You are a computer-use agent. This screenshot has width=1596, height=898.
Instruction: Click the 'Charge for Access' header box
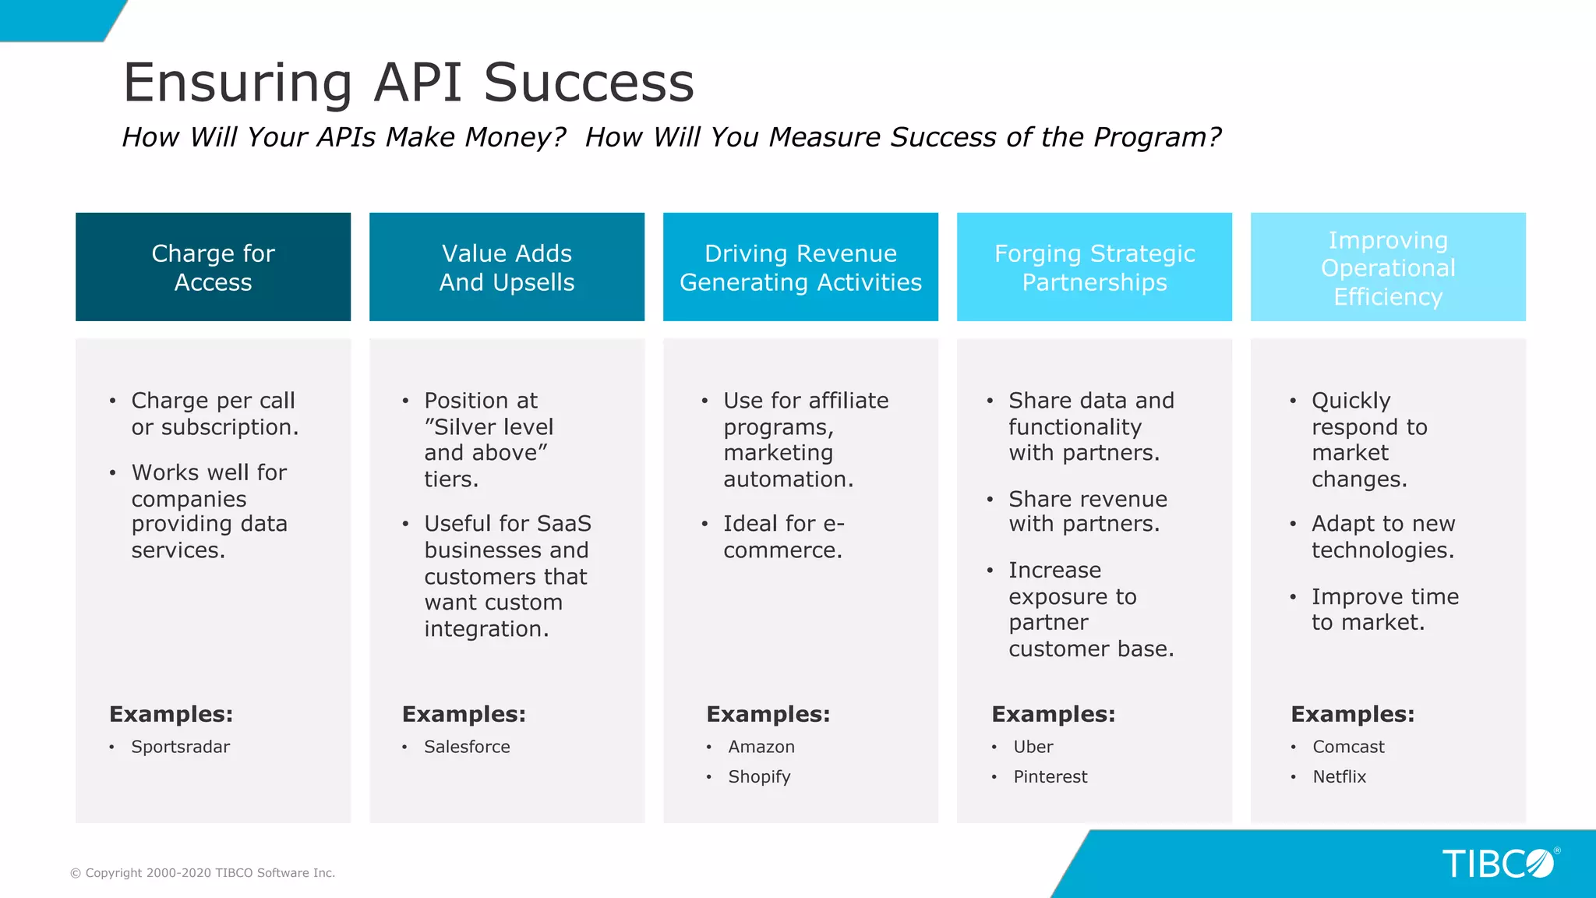click(x=213, y=267)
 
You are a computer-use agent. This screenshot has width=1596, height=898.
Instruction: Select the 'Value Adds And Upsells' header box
click(x=507, y=267)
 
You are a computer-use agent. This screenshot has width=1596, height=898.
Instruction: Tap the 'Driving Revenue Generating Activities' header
click(x=800, y=267)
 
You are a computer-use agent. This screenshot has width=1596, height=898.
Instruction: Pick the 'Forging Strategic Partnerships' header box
click(x=1094, y=267)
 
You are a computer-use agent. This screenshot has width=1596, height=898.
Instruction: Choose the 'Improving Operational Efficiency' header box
click(x=1388, y=267)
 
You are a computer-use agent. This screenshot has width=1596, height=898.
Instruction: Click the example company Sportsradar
click(x=180, y=747)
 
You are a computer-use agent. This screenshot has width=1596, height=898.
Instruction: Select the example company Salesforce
click(x=467, y=747)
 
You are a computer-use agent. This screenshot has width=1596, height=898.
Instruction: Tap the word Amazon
click(x=761, y=747)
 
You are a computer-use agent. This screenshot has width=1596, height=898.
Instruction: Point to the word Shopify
click(x=759, y=776)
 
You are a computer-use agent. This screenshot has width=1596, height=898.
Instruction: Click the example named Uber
click(x=1033, y=747)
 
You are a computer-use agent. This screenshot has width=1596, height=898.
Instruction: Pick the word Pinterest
click(x=1050, y=776)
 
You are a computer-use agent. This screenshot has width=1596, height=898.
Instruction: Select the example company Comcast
click(x=1348, y=747)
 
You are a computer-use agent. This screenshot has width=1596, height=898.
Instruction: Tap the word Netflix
click(x=1339, y=776)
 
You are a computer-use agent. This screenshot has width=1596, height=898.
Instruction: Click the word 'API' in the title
click(x=418, y=82)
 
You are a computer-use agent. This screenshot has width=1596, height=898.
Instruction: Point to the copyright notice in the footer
click(x=203, y=873)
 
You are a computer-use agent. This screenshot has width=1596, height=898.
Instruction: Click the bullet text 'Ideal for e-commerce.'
click(x=782, y=536)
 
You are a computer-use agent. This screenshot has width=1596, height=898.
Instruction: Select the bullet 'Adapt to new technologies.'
click(x=1382, y=536)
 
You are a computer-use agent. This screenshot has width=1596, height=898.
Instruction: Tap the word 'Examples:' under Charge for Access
click(x=171, y=714)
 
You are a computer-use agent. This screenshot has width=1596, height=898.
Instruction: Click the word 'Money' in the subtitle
click(x=514, y=137)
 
